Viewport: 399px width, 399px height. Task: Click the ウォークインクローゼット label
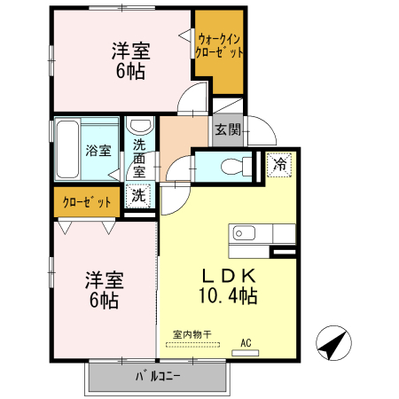(x=218, y=46)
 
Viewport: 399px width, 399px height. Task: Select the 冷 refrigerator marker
(x=278, y=164)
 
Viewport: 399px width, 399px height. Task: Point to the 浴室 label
(x=98, y=150)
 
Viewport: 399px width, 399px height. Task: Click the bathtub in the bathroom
(x=67, y=148)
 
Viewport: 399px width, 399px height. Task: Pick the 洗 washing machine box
(x=140, y=194)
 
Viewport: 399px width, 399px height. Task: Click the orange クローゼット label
(x=87, y=202)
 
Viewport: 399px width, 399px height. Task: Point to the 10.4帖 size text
(x=228, y=295)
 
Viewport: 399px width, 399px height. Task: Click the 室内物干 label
(x=192, y=333)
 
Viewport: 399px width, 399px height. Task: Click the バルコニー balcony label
(x=158, y=377)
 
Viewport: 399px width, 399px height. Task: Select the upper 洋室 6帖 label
(x=129, y=59)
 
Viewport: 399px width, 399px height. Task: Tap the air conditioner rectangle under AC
(x=246, y=352)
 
